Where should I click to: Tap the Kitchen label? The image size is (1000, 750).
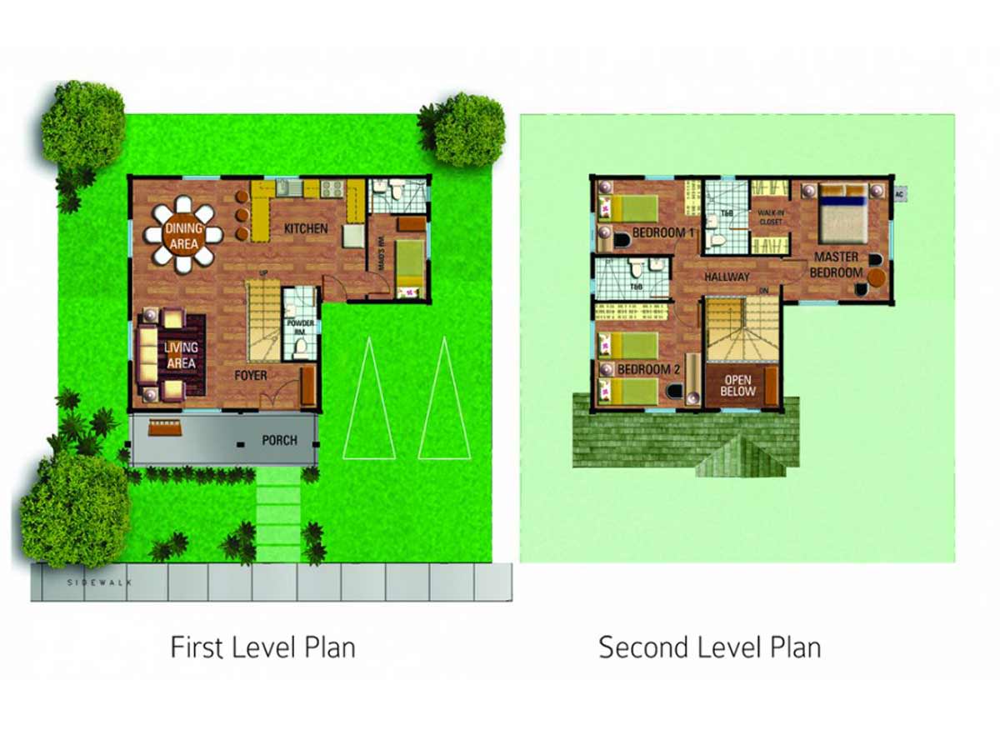coord(305,228)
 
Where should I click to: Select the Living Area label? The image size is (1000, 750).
coord(182,355)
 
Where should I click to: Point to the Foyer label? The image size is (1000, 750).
coord(250,376)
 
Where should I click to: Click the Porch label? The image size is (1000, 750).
coord(279,439)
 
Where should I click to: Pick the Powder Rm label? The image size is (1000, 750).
coord(300,326)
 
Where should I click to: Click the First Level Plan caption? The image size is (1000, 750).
coord(262,647)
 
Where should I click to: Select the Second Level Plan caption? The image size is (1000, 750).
coord(710,647)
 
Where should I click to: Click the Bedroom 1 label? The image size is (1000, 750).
coord(663,232)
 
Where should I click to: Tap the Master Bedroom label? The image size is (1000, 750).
coord(837,264)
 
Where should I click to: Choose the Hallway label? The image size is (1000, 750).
coord(727,277)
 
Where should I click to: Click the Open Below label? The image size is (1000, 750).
coord(737,386)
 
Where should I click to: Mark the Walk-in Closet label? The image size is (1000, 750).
coord(770,217)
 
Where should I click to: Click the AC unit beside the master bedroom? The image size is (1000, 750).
coord(898,194)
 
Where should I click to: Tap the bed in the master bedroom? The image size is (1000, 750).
coord(842,211)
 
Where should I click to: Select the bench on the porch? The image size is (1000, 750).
coord(163,428)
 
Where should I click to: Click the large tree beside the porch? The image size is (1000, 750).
coord(73,508)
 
